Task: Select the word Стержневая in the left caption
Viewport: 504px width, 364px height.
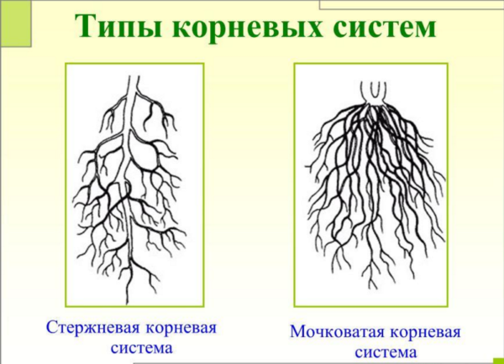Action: (x=93, y=329)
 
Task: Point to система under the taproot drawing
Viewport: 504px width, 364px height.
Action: (x=141, y=348)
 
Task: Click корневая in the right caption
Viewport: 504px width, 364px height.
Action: (x=426, y=332)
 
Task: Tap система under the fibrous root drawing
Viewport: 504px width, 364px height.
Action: (x=386, y=352)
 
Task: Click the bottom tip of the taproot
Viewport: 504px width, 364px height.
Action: (x=127, y=304)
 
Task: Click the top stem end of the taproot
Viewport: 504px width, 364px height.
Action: (x=134, y=76)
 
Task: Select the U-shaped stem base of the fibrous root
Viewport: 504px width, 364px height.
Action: (x=373, y=93)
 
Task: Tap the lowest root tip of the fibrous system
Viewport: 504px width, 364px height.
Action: (x=374, y=288)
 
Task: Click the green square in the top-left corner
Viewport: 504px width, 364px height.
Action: (x=15, y=23)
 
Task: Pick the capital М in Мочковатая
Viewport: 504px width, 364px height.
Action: (x=298, y=331)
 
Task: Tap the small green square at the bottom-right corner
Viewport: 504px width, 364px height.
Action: (x=498, y=361)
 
